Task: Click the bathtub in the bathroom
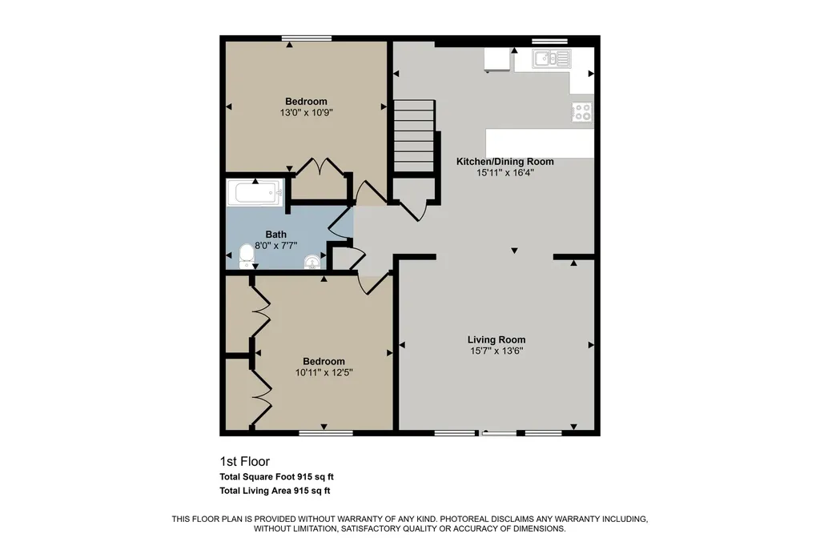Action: (255, 192)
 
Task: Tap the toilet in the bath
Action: (247, 256)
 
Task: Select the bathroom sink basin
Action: (312, 262)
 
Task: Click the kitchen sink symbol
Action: (552, 58)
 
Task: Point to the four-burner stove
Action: (582, 111)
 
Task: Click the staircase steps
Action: (414, 135)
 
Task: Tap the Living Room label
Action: (496, 340)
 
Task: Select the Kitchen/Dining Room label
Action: (504, 162)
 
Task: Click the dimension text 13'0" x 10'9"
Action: (306, 112)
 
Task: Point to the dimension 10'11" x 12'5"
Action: (324, 372)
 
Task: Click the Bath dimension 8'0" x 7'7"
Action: (275, 245)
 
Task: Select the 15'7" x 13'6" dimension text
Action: (496, 351)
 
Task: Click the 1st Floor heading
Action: (245, 461)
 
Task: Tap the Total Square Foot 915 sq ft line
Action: (276, 476)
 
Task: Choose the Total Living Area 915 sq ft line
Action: (275, 491)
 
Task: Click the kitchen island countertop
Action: (540, 143)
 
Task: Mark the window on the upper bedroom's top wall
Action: (307, 38)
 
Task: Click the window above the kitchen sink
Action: (549, 41)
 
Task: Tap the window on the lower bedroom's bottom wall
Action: (326, 432)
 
